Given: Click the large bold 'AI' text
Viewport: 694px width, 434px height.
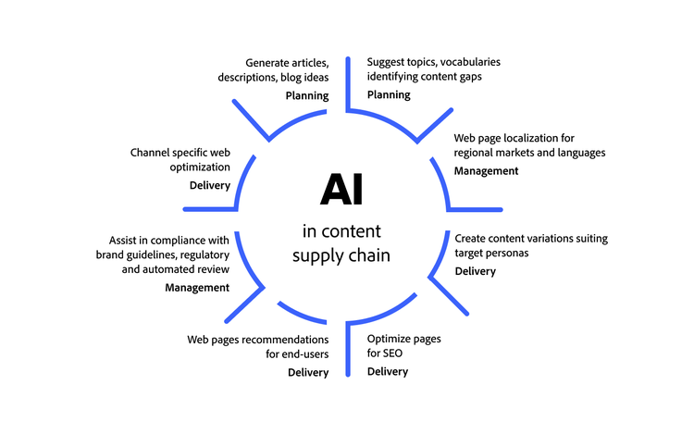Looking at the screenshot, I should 341,189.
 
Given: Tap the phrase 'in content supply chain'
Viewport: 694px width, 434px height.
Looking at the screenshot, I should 341,242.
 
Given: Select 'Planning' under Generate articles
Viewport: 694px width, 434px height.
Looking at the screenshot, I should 306,95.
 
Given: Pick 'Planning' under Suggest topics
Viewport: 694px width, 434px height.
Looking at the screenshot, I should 389,95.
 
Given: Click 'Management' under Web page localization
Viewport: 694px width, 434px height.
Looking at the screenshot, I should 486,171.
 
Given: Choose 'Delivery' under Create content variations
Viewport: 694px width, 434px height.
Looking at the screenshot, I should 476,271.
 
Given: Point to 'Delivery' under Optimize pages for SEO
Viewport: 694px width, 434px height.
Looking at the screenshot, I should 388,372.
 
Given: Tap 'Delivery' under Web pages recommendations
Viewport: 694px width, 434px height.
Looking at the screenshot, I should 308,373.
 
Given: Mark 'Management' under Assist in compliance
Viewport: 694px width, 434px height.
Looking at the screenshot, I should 197,288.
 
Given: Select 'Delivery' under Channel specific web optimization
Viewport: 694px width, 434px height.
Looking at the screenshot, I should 209,185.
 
